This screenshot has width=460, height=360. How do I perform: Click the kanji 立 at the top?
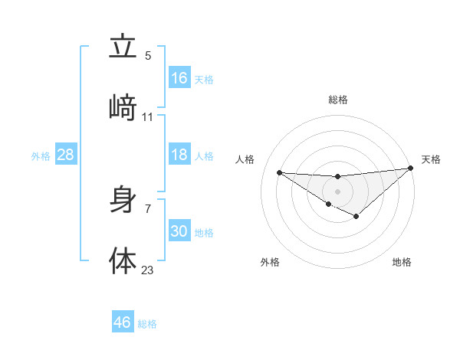pyautogui.click(x=123, y=47)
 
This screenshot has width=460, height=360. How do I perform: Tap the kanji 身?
pyautogui.click(x=123, y=201)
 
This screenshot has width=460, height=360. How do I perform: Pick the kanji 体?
pyautogui.click(x=123, y=260)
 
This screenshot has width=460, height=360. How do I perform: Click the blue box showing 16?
pyautogui.click(x=179, y=77)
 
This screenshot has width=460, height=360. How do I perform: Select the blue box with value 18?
pyautogui.click(x=179, y=155)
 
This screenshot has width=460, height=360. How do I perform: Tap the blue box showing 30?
pyautogui.click(x=179, y=231)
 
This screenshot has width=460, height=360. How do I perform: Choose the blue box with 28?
pyautogui.click(x=66, y=155)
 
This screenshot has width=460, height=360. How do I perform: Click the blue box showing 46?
pyautogui.click(x=123, y=322)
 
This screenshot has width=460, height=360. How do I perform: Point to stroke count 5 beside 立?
pyautogui.click(x=148, y=55)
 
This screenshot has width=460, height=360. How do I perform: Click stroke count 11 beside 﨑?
pyautogui.click(x=148, y=116)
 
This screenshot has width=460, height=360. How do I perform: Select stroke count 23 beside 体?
pyautogui.click(x=148, y=270)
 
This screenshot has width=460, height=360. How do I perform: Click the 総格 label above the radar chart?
pyautogui.click(x=338, y=100)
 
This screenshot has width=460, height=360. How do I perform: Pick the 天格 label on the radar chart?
pyautogui.click(x=431, y=159)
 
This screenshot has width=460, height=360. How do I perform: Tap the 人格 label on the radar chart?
pyautogui.click(x=245, y=159)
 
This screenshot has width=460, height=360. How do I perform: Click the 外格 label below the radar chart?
pyautogui.click(x=270, y=262)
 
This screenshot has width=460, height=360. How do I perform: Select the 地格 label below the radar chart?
pyautogui.click(x=402, y=262)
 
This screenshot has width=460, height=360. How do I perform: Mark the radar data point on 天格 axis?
pyautogui.click(x=411, y=169)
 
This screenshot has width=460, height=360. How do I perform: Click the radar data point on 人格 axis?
pyautogui.click(x=280, y=172)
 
